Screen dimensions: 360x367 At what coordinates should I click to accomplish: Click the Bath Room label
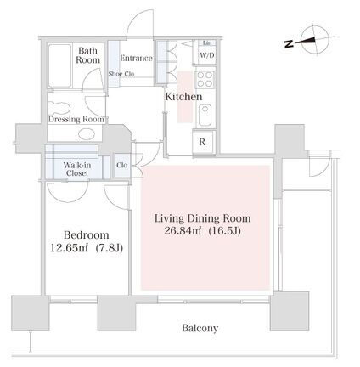coord(87,55)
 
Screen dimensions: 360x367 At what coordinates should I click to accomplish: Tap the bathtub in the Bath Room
coord(59,65)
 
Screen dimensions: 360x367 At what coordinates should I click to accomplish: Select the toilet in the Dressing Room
coord(59,108)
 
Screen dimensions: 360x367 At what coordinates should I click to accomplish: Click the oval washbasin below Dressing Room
coord(87,134)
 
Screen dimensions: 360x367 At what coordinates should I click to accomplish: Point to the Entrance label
coord(136,58)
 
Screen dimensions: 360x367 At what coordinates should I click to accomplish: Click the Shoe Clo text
coord(121,74)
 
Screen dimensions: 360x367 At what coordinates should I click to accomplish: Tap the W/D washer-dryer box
coord(207,55)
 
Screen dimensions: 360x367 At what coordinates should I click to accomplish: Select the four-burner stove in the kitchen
coord(205,79)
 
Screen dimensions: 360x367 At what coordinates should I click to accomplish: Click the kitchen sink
coord(205,115)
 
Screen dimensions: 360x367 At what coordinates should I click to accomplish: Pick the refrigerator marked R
coord(203,142)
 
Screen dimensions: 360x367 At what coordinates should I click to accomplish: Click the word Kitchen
coord(183,97)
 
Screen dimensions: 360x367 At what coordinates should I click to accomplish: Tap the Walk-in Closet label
coord(77,169)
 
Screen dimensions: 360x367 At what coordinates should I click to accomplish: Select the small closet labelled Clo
coord(122,165)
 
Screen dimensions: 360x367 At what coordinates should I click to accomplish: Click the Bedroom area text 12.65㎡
coord(70,248)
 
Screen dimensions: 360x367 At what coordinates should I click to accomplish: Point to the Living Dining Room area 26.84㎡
coord(183,231)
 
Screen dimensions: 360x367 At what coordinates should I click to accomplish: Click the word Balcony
coord(200,328)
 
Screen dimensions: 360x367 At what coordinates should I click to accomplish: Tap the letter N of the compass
coord(289,44)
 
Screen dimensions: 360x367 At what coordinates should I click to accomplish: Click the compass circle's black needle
coord(305,41)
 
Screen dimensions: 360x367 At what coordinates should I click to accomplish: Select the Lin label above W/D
coord(207,42)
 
